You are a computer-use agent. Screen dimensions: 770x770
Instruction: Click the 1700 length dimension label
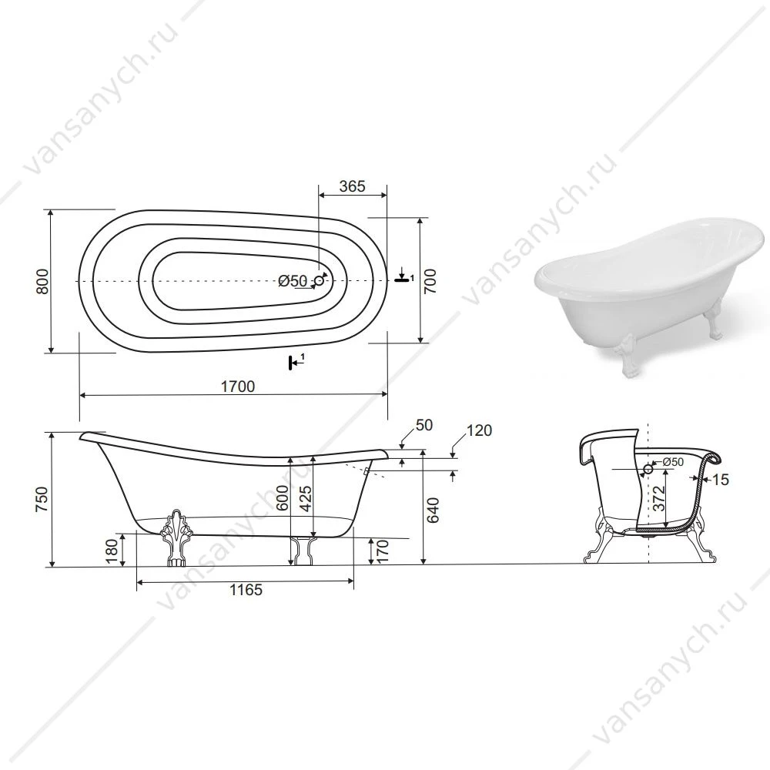238,387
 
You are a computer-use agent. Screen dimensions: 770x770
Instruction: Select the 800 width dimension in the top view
43,281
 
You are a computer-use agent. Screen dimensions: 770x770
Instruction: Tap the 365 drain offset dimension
353,186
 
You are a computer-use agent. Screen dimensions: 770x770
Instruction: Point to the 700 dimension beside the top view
430,281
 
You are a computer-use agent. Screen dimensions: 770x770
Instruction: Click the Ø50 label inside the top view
293,281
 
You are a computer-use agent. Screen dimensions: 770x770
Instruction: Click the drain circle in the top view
320,281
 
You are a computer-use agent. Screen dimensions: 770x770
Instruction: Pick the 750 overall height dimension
42,500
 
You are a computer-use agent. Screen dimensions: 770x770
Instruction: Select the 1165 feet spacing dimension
246,589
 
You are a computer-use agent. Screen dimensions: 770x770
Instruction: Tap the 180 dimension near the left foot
112,551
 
